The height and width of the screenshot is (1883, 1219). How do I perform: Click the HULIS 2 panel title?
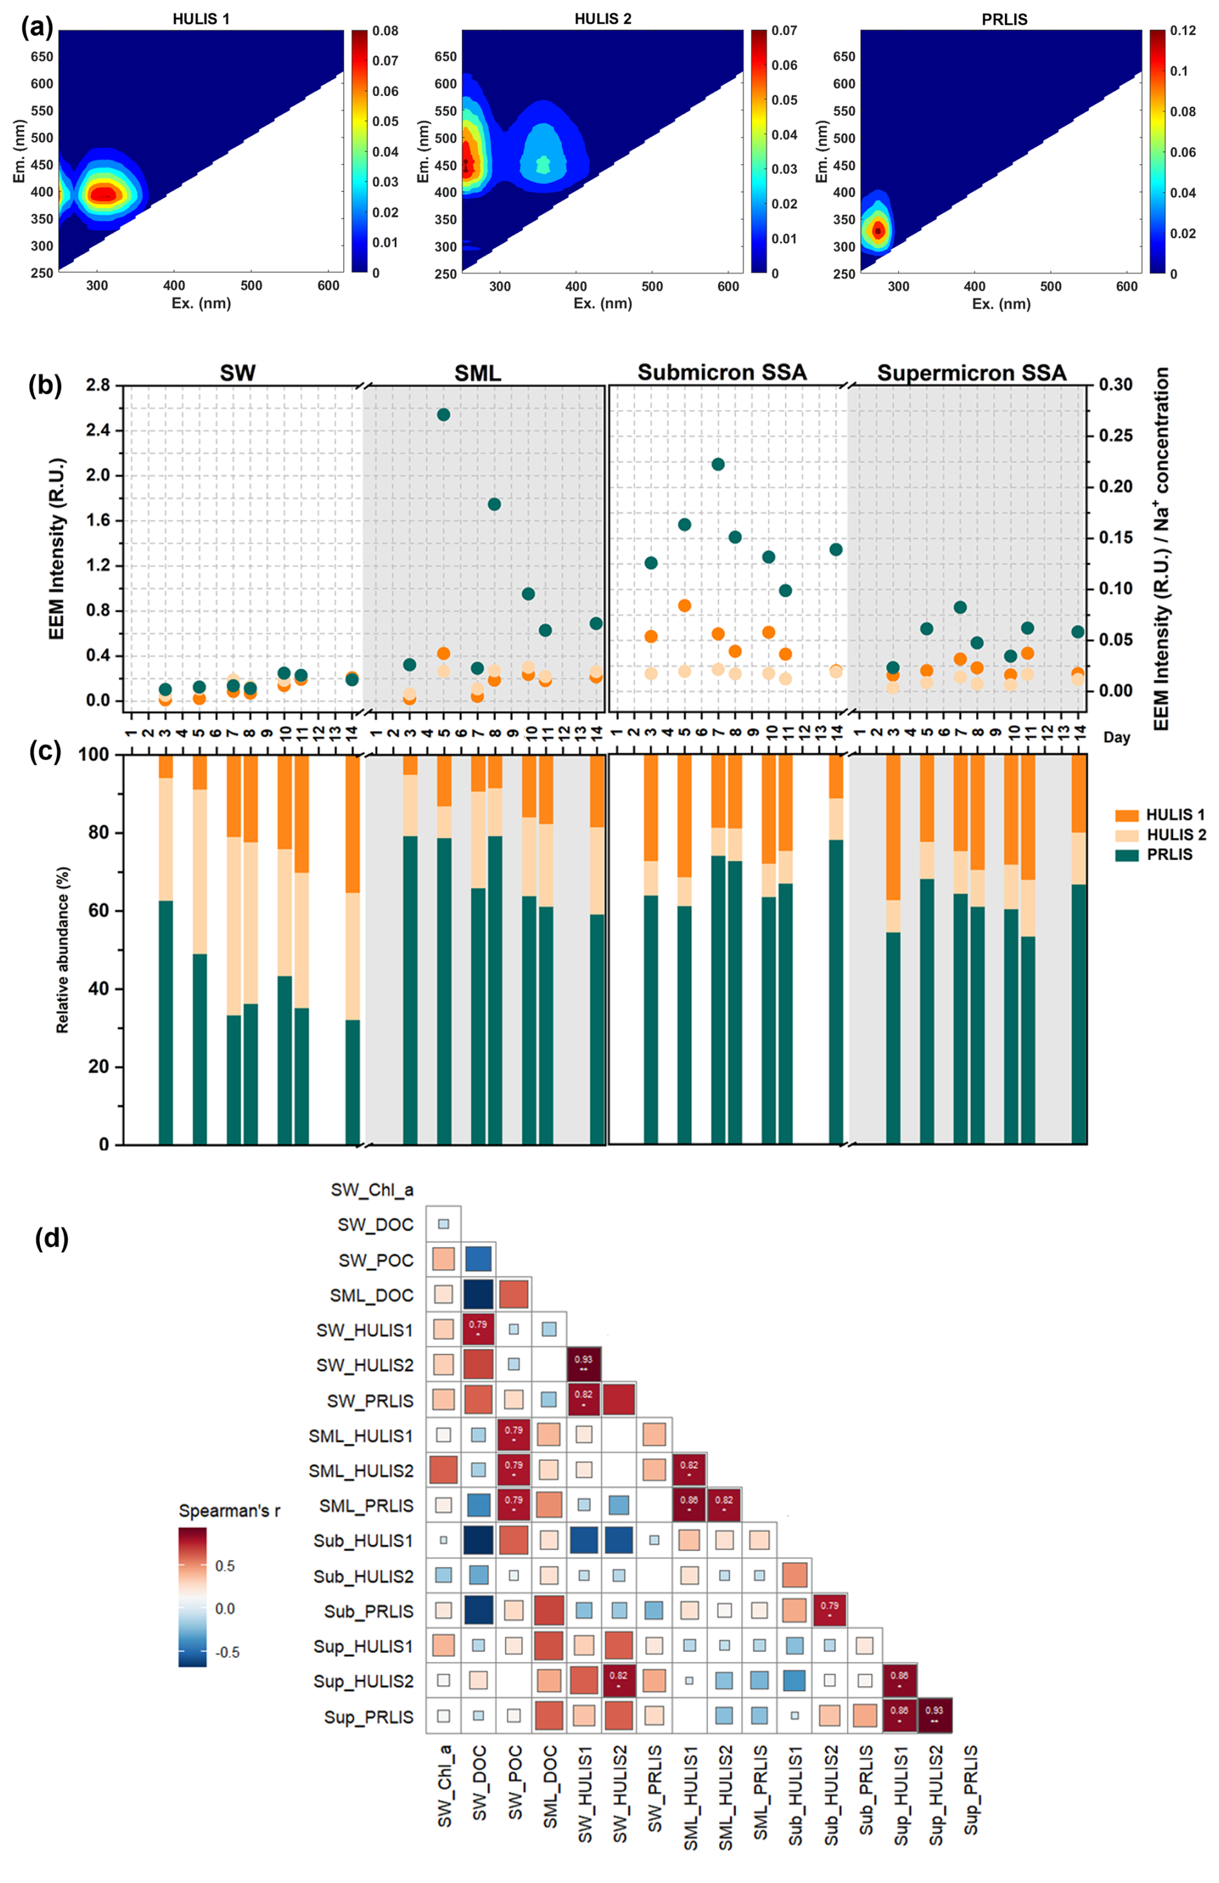point(603,18)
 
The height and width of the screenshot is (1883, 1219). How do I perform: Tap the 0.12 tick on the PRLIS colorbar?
point(1184,31)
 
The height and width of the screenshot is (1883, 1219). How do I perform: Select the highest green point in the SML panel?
point(444,415)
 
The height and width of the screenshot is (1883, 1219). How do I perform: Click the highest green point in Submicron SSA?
point(718,464)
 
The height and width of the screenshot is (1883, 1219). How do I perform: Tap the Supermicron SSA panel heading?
point(972,372)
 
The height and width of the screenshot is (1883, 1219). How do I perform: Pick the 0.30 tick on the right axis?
point(1115,385)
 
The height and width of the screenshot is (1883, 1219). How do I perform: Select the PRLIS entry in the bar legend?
point(1169,854)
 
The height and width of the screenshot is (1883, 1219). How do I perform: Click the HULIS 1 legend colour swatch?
point(1126,815)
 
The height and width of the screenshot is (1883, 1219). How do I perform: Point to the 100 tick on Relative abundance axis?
point(93,755)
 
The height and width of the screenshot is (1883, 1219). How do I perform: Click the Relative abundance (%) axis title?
point(62,950)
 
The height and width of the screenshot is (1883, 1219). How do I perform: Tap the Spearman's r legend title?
point(229,1511)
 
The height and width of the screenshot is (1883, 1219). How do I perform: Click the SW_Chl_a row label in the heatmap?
point(372,1190)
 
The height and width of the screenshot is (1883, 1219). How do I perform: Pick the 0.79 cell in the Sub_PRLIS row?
point(829,1611)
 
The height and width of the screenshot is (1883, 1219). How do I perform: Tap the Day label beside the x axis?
point(1117,738)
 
